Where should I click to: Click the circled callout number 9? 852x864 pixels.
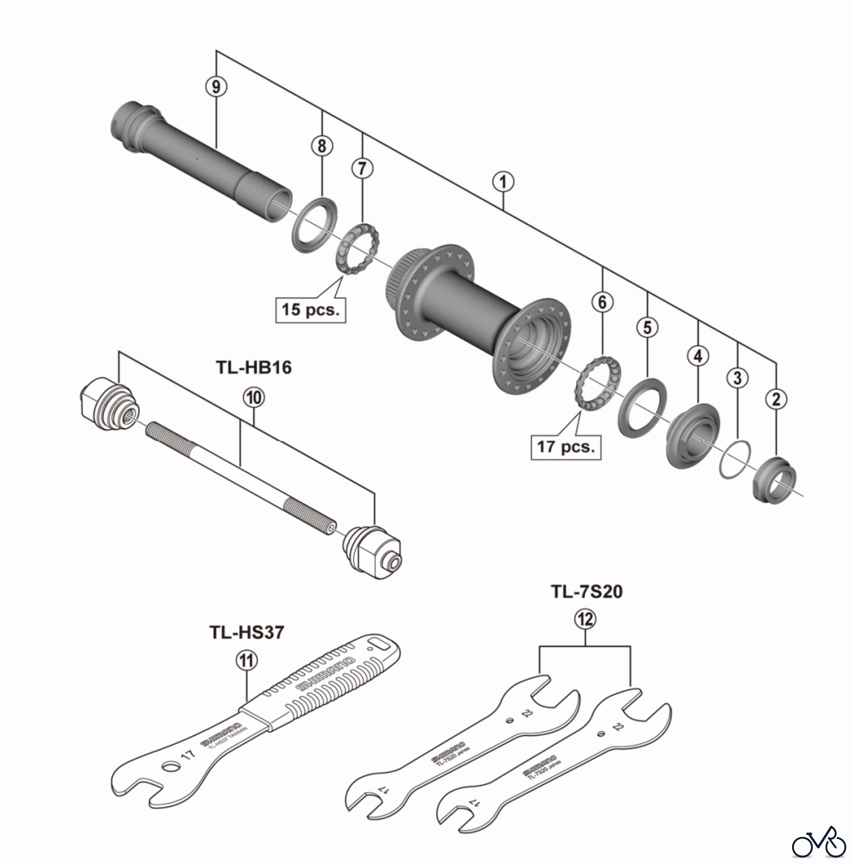click(216, 87)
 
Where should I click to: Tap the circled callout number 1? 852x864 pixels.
click(503, 182)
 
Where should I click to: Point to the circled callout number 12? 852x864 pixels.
click(585, 620)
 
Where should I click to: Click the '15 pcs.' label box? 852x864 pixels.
click(310, 310)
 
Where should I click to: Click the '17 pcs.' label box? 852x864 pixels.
click(566, 447)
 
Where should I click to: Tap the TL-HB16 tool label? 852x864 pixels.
click(254, 367)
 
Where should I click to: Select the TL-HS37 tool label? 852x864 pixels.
click(247, 632)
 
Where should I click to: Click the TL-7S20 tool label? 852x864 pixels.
click(586, 591)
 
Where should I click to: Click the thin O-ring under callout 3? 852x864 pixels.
click(735, 458)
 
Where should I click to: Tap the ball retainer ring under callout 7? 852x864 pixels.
click(359, 249)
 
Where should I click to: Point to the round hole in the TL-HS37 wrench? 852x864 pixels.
click(169, 767)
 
